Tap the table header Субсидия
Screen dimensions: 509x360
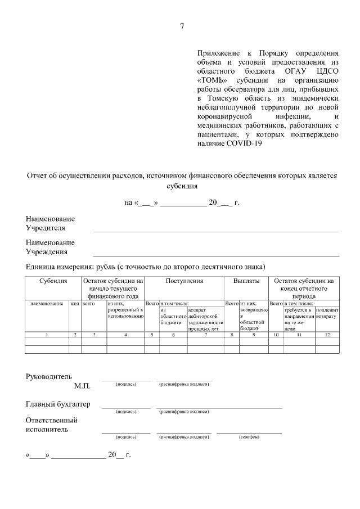tap(53, 281)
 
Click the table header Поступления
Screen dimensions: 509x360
tap(184, 281)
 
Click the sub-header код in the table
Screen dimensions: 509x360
tap(75, 303)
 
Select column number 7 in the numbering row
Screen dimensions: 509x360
tap(205, 335)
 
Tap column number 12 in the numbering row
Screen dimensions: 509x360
tap(327, 335)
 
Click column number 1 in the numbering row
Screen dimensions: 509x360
tap(47, 335)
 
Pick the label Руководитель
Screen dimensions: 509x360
tap(49, 376)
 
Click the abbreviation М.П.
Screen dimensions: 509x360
tap(82, 386)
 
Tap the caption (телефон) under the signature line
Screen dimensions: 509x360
tap(249, 436)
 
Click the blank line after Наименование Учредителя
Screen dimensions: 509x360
tap(216, 231)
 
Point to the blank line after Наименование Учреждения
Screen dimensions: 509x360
tap(216, 255)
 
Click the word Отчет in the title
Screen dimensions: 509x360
tap(38, 175)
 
